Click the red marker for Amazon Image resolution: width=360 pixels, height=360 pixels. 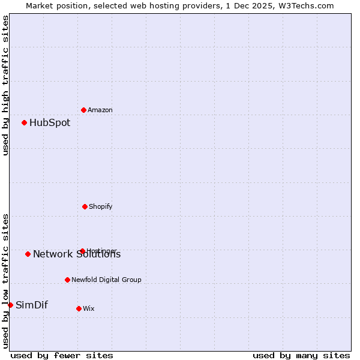83,110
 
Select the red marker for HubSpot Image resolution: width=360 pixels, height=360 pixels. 24,122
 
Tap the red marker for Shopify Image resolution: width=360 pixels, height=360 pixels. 85,206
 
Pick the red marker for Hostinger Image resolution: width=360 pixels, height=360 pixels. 82,251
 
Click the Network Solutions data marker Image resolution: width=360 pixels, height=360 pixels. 28,254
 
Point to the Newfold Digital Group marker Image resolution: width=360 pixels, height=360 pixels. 67,280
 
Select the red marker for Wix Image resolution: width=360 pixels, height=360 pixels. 79,308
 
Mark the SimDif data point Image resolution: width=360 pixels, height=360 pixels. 10,305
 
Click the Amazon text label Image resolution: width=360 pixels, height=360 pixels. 100,110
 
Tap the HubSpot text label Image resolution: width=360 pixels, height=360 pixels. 50,123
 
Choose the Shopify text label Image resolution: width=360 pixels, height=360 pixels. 100,206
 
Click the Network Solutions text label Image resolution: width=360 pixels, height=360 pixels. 77,254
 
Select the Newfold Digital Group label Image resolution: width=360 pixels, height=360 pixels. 106,280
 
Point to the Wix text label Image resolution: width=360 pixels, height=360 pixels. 88,308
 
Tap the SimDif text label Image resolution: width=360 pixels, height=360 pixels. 32,305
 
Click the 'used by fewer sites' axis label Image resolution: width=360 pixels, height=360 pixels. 62,355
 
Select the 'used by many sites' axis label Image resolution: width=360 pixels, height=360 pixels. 301,355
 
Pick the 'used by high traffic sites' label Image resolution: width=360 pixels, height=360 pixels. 6,85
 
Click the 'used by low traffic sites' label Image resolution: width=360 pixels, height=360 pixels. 6,280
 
